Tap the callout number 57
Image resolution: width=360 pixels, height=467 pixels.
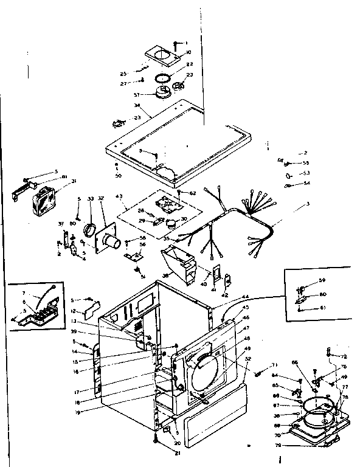(137, 95)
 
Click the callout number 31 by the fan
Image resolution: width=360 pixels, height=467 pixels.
(74, 181)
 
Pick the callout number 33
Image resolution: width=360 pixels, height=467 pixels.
(91, 199)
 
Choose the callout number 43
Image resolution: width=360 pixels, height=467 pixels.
(119, 196)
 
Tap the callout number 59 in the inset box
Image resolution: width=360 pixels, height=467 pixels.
(323, 280)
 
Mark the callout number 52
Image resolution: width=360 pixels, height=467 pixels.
(247, 359)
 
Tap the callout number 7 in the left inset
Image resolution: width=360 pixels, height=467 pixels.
(24, 292)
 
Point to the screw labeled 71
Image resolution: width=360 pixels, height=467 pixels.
(260, 372)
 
